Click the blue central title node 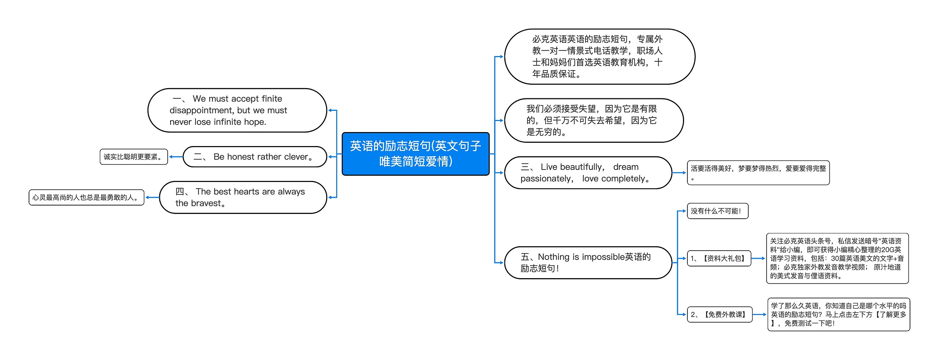point(415,154)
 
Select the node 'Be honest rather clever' point(255,157)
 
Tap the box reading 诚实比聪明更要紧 point(134,157)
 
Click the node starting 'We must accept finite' point(237,110)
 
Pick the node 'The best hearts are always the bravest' point(243,197)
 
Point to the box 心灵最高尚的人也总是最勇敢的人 point(86,197)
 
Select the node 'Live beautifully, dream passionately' point(588,173)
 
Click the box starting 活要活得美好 point(758,173)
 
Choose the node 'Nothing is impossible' point(588,263)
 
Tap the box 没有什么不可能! point(717,211)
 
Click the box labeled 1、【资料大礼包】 point(719,258)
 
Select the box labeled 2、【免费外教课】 point(719,314)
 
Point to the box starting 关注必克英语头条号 point(837,258)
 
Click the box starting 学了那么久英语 point(838,314)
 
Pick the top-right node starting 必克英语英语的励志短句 point(599,57)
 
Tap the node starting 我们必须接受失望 point(593,120)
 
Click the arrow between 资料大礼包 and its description point(759,258)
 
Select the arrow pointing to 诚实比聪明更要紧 point(175,157)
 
